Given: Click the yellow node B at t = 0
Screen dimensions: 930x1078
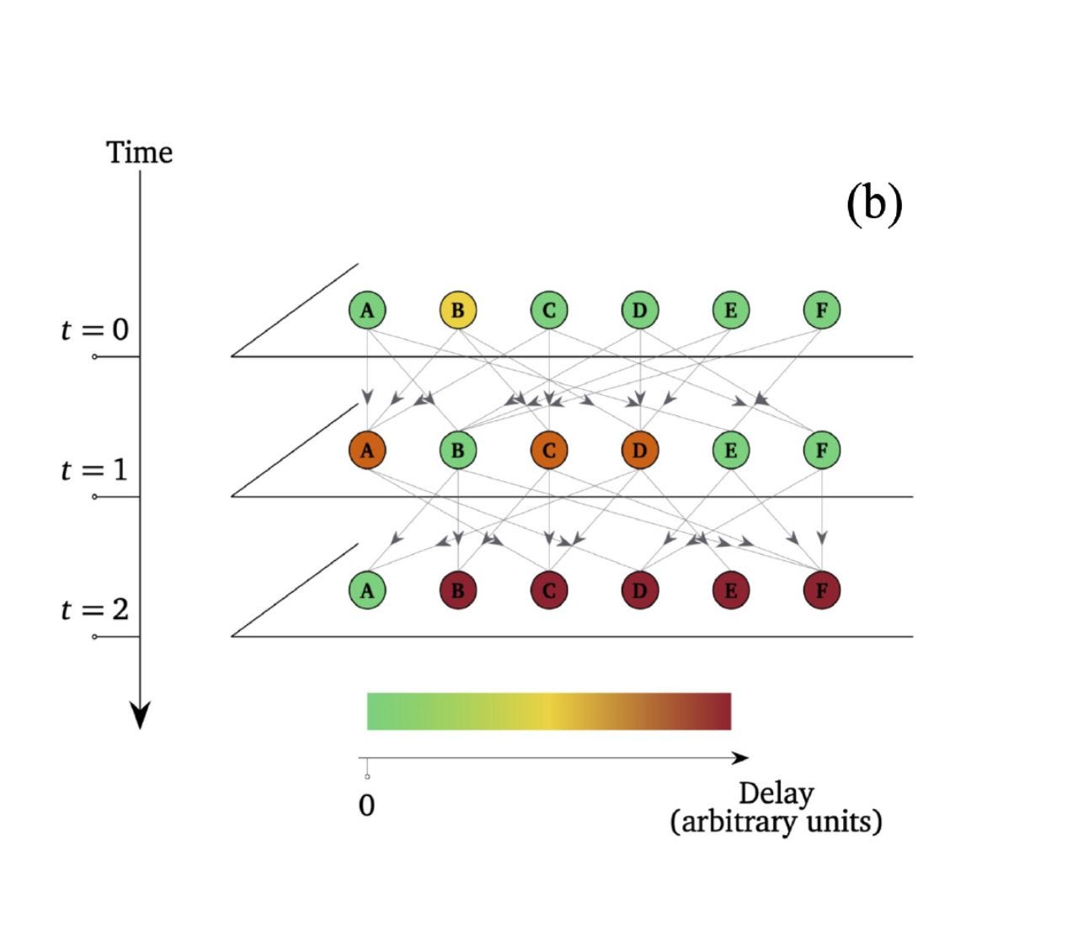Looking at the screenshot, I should click(457, 310).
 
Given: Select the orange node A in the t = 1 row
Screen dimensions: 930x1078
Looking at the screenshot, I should click(367, 450).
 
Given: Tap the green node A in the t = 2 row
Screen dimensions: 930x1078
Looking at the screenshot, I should click(367, 590).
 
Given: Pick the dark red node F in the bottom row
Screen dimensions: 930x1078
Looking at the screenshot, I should click(821, 590).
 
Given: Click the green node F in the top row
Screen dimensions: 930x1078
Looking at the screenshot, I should click(821, 310).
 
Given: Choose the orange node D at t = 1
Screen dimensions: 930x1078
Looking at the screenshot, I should click(639, 450).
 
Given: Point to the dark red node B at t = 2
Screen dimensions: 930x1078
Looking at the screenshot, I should click(457, 590).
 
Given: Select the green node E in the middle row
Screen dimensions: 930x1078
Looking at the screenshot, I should click(730, 450).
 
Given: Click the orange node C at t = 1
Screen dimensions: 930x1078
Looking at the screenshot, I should click(548, 450).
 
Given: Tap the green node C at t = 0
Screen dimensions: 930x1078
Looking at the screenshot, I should click(548, 310).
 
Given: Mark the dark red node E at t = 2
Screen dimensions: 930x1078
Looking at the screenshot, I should click(730, 590).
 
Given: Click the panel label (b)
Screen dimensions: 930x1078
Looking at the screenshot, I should click(873, 203).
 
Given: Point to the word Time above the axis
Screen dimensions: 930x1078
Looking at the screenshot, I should click(139, 152).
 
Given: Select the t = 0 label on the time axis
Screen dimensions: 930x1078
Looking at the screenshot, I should click(94, 329).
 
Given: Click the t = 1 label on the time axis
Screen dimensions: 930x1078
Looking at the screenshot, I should click(94, 469).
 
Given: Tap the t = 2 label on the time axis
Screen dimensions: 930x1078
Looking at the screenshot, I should click(94, 609).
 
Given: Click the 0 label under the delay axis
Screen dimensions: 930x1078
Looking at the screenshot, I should click(366, 805).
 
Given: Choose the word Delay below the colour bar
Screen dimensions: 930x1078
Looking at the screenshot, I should click(776, 793).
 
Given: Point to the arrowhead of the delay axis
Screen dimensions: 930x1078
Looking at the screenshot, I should click(740, 758).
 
